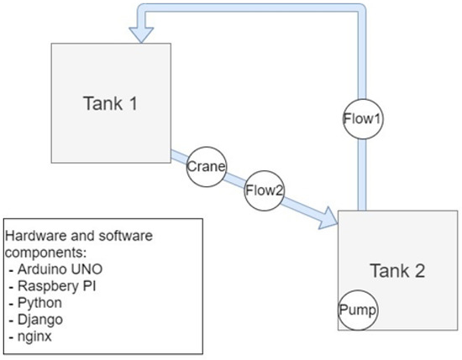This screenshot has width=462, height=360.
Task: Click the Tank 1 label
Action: (109, 103)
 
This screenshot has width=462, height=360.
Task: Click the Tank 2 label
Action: (396, 270)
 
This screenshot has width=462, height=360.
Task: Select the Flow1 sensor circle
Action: (363, 119)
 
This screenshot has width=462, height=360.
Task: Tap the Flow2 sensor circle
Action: (265, 190)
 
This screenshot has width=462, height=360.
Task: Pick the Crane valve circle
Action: (207, 166)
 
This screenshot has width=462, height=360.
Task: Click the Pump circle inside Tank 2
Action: (358, 310)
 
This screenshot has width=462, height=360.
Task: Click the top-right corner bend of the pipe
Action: (360, 10)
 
